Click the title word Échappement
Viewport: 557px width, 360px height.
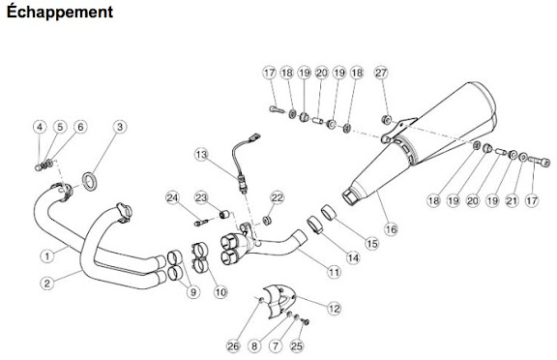pyautogui.click(x=60, y=12)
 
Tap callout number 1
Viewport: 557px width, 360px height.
pyautogui.click(x=46, y=255)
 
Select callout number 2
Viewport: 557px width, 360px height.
pyautogui.click(x=46, y=284)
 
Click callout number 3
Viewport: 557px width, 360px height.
pyautogui.click(x=120, y=127)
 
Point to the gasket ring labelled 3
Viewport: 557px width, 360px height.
pyautogui.click(x=90, y=181)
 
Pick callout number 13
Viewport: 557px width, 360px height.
pyautogui.click(x=201, y=155)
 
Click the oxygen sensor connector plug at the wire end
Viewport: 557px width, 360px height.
pyautogui.click(x=255, y=136)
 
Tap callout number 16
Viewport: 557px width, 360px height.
pyautogui.click(x=391, y=229)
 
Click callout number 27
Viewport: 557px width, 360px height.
pyautogui.click(x=381, y=73)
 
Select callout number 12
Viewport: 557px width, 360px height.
pyautogui.click(x=334, y=308)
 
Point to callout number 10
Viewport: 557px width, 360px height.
pyautogui.click(x=220, y=292)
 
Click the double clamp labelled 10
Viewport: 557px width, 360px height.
pyautogui.click(x=201, y=257)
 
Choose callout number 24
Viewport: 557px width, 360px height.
pyautogui.click(x=173, y=197)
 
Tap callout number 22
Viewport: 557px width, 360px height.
pyautogui.click(x=278, y=197)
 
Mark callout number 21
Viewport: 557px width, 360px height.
pyautogui.click(x=512, y=200)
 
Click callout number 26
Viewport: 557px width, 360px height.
pyautogui.click(x=233, y=345)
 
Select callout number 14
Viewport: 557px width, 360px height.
pyautogui.click(x=353, y=257)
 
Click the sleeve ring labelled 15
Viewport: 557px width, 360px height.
pyautogui.click(x=329, y=213)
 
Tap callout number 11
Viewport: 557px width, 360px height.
pyautogui.click(x=334, y=272)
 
